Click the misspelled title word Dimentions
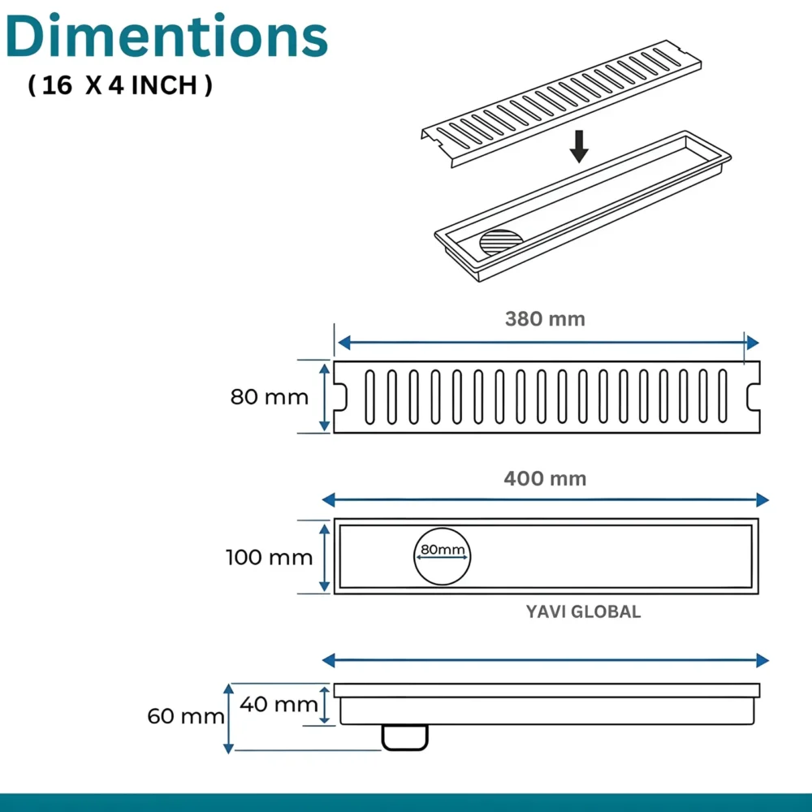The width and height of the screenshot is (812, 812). point(166,37)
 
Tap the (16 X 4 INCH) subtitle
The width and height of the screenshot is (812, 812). point(120,85)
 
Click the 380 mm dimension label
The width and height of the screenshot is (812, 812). point(546,319)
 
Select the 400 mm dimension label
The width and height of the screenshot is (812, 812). point(546,478)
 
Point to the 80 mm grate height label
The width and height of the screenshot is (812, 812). point(270,397)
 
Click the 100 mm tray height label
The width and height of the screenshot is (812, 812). point(270,558)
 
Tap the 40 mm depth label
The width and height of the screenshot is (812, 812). point(279,704)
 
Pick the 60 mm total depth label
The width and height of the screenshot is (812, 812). point(186,717)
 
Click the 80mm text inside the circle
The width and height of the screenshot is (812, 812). point(443,550)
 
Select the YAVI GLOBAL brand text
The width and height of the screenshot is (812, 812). point(584,611)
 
